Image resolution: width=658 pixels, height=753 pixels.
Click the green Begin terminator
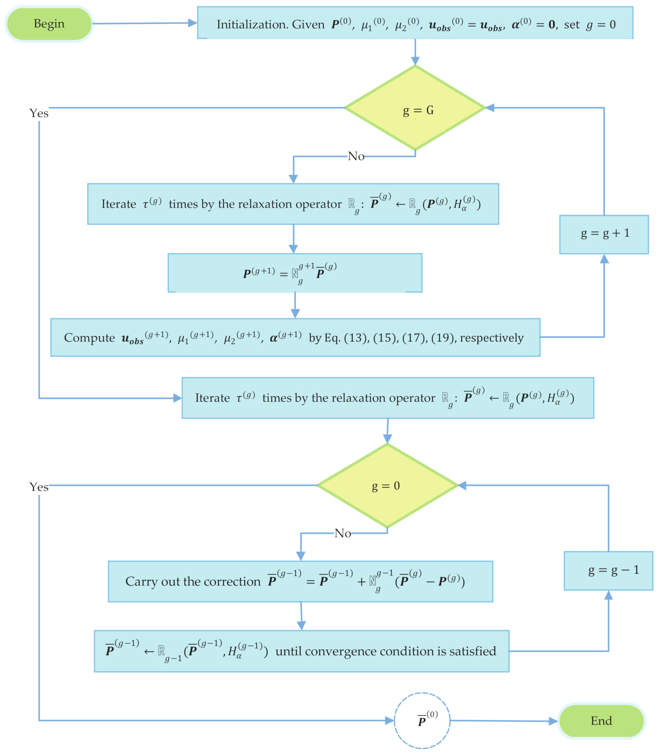pyautogui.click(x=49, y=24)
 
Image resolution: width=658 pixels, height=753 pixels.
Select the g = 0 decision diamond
pyautogui.click(x=387, y=486)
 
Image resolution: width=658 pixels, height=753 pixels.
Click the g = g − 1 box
pyautogui.click(x=608, y=571)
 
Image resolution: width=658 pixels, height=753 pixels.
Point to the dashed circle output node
pyautogui.click(x=422, y=721)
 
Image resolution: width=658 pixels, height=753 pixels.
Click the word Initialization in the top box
pyautogui.click(x=252, y=24)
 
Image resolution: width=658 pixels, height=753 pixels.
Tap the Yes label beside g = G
pyautogui.click(x=39, y=113)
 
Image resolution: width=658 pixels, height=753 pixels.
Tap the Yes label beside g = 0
pyautogui.click(x=39, y=487)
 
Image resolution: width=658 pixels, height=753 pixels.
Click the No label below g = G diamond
pyautogui.click(x=356, y=156)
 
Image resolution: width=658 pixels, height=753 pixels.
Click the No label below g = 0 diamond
pyautogui.click(x=343, y=533)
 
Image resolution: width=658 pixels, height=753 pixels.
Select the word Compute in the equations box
pyautogui.click(x=89, y=338)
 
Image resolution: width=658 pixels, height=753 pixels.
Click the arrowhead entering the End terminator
pyautogui.click(x=554, y=721)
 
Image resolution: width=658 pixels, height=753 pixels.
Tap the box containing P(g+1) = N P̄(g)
pyautogui.click(x=295, y=273)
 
